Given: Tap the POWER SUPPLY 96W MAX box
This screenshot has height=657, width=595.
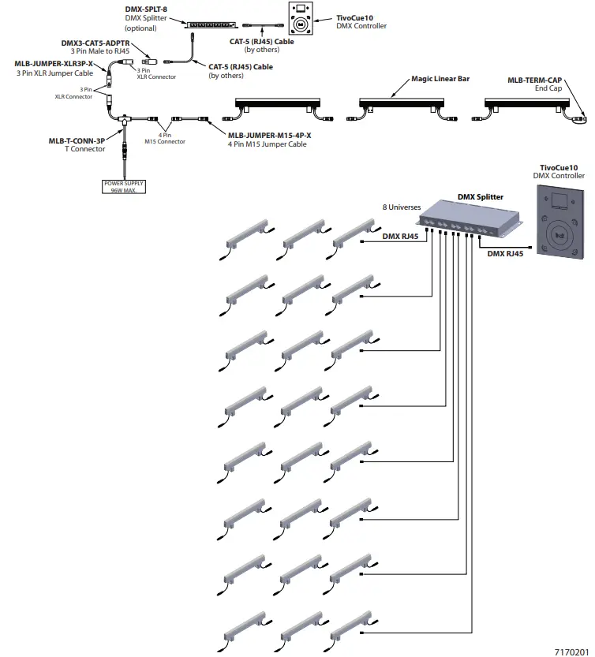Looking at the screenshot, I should [123, 187].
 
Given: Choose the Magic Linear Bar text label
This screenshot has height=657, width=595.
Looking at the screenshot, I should [441, 80].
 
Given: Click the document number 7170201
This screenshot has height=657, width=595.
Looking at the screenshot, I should [571, 651].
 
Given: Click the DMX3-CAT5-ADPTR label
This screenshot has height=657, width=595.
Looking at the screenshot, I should [97, 43].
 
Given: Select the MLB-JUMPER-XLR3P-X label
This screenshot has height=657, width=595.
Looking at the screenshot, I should [54, 62].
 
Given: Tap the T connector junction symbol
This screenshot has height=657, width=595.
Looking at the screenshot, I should [124, 120].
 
